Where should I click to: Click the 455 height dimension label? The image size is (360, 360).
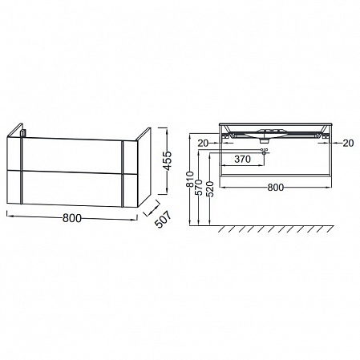(167, 161)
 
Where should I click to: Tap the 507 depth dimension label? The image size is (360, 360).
(162, 219)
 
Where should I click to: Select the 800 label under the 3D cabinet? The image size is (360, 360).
(72, 218)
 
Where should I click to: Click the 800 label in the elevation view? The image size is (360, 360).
(276, 188)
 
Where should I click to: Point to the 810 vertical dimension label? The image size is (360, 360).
(190, 179)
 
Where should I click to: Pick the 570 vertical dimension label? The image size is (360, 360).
(199, 188)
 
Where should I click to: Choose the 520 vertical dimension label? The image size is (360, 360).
(210, 189)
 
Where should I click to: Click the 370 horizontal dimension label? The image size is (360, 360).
(242, 160)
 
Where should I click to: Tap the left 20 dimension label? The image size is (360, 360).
(203, 144)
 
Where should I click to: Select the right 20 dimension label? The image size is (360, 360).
(348, 144)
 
